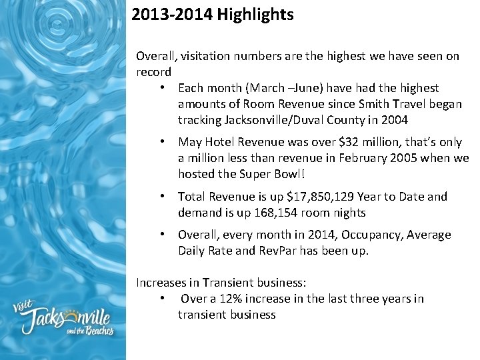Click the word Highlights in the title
[x=255, y=15]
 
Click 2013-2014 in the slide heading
[x=171, y=15]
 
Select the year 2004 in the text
[x=394, y=120]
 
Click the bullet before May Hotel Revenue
[x=163, y=142]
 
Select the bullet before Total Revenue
[x=163, y=197]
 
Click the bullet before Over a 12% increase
[x=163, y=299]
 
